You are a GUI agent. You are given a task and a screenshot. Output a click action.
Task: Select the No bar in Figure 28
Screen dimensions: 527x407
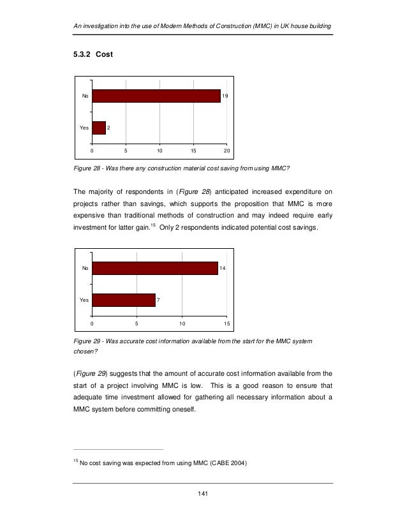coord(156,96)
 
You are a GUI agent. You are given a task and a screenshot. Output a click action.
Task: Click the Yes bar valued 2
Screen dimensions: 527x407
coord(99,128)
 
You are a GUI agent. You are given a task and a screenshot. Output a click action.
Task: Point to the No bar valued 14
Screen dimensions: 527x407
coord(155,267)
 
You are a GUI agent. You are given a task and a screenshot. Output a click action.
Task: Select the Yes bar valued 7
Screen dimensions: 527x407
coord(124,299)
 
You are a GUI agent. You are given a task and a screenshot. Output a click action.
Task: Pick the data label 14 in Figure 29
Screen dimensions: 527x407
coord(223,267)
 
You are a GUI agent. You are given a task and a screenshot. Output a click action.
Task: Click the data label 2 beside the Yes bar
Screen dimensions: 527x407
coord(109,128)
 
